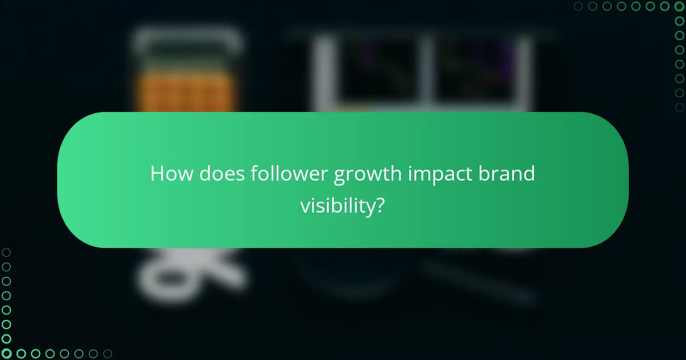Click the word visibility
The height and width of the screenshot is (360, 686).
pyautogui.click(x=337, y=206)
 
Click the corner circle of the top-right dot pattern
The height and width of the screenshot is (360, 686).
pyautogui.click(x=680, y=6)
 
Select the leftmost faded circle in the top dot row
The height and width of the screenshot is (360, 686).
pyautogui.click(x=579, y=6)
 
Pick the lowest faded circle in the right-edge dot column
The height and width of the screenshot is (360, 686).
pyautogui.click(x=680, y=107)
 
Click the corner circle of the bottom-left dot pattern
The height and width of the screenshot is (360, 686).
pyautogui.click(x=6, y=354)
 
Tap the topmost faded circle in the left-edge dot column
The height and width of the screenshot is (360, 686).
pyautogui.click(x=6, y=253)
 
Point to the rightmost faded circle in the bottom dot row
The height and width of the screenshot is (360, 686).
pyautogui.click(x=107, y=354)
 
